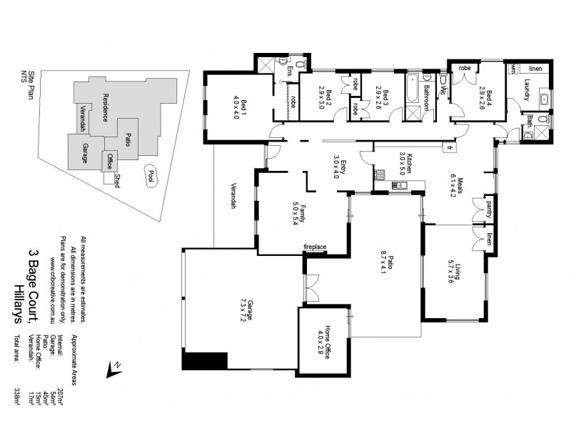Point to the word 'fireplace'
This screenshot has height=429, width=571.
coord(315,247)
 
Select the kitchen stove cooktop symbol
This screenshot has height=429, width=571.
coord(381,174)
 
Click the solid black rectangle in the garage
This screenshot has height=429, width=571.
coord(205,361)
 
